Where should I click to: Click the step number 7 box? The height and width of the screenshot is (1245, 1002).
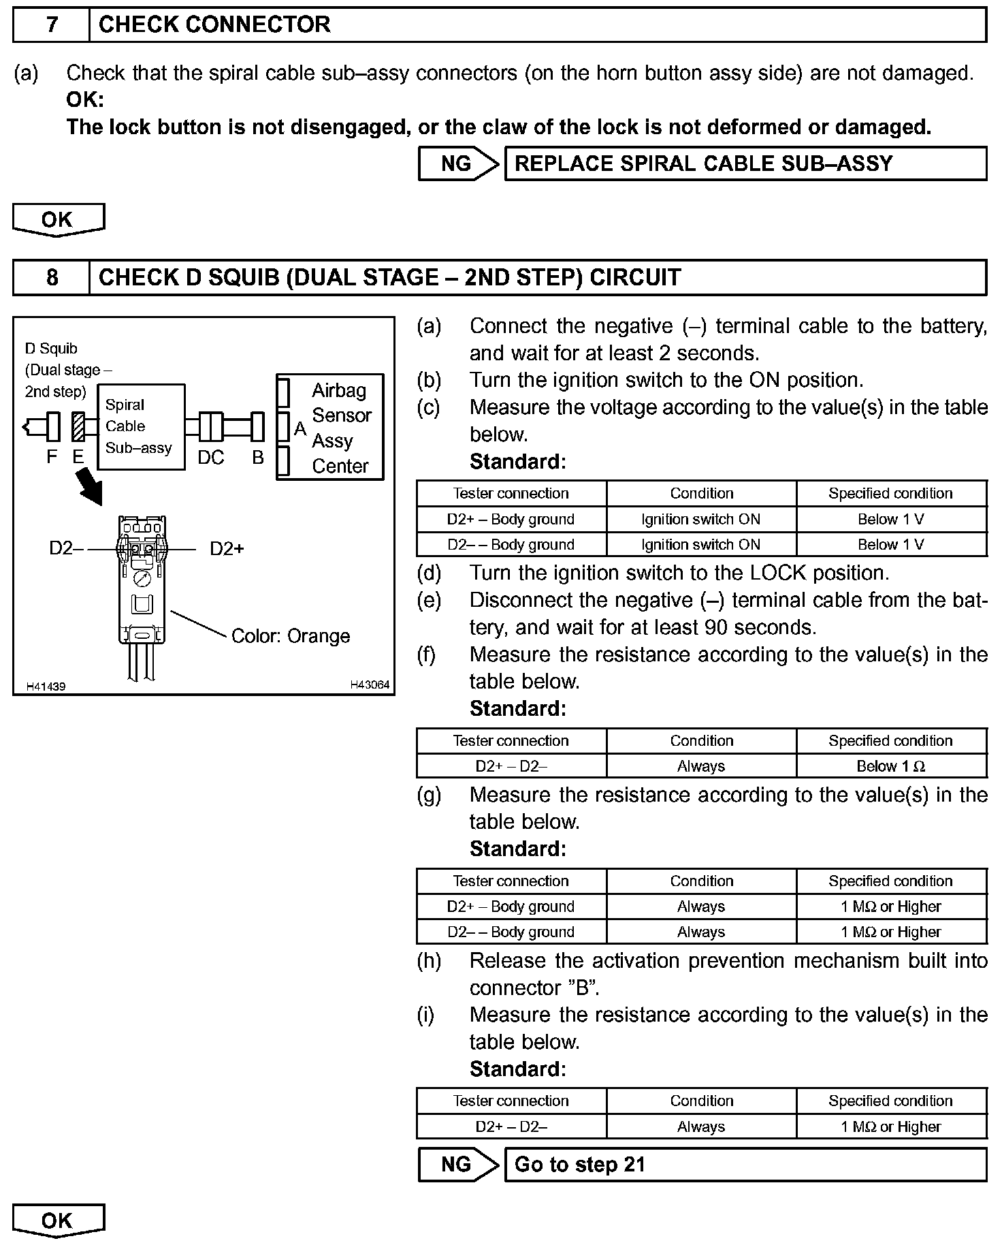pos(52,25)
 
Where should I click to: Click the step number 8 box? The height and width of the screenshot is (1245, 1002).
pos(52,278)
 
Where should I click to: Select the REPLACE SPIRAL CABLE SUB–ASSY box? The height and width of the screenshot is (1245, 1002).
pos(745,164)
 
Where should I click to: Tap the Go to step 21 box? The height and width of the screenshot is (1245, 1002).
pos(745,1165)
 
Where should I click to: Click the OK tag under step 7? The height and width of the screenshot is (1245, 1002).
pos(58,220)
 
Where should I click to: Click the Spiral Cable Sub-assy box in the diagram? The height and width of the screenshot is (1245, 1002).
pos(141,427)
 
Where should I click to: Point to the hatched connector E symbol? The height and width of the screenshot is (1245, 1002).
pos(78,427)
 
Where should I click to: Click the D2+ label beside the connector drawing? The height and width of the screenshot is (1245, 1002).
pos(227,549)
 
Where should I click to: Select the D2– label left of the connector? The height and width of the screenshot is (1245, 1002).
pos(66,549)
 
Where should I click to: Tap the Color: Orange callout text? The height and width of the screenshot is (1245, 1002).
pos(291,636)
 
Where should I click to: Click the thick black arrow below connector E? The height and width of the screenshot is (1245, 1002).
pos(91,488)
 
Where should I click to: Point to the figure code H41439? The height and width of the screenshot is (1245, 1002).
pos(46,687)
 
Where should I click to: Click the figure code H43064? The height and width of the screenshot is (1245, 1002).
pos(370,684)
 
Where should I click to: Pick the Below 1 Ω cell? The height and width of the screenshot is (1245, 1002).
pos(891,767)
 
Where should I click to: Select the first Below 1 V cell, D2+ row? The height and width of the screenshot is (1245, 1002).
pos(891,520)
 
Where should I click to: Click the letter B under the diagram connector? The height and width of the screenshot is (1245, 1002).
pos(258,458)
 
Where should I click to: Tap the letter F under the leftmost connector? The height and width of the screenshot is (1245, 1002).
pos(52,457)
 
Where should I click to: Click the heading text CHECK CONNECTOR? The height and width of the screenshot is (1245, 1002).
pos(214,25)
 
